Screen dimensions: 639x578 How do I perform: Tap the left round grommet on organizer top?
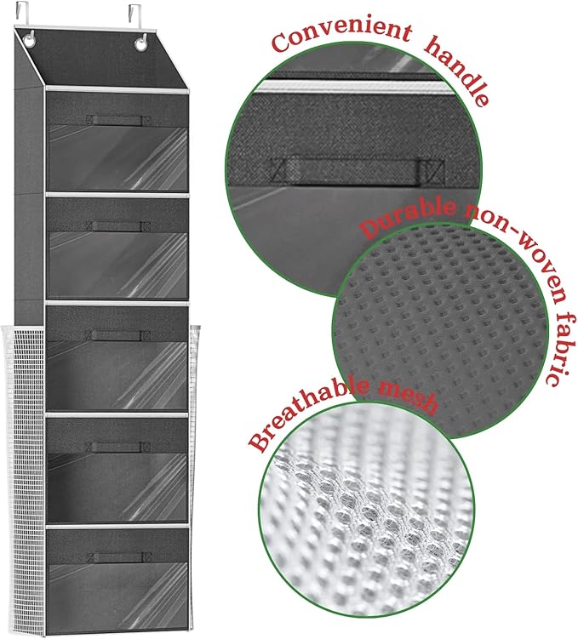(31, 40)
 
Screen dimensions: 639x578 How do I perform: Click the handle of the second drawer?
(118, 226)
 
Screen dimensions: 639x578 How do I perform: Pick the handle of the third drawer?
(118, 334)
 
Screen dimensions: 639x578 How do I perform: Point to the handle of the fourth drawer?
(118, 446)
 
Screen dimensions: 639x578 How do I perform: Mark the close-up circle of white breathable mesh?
(366, 528)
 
